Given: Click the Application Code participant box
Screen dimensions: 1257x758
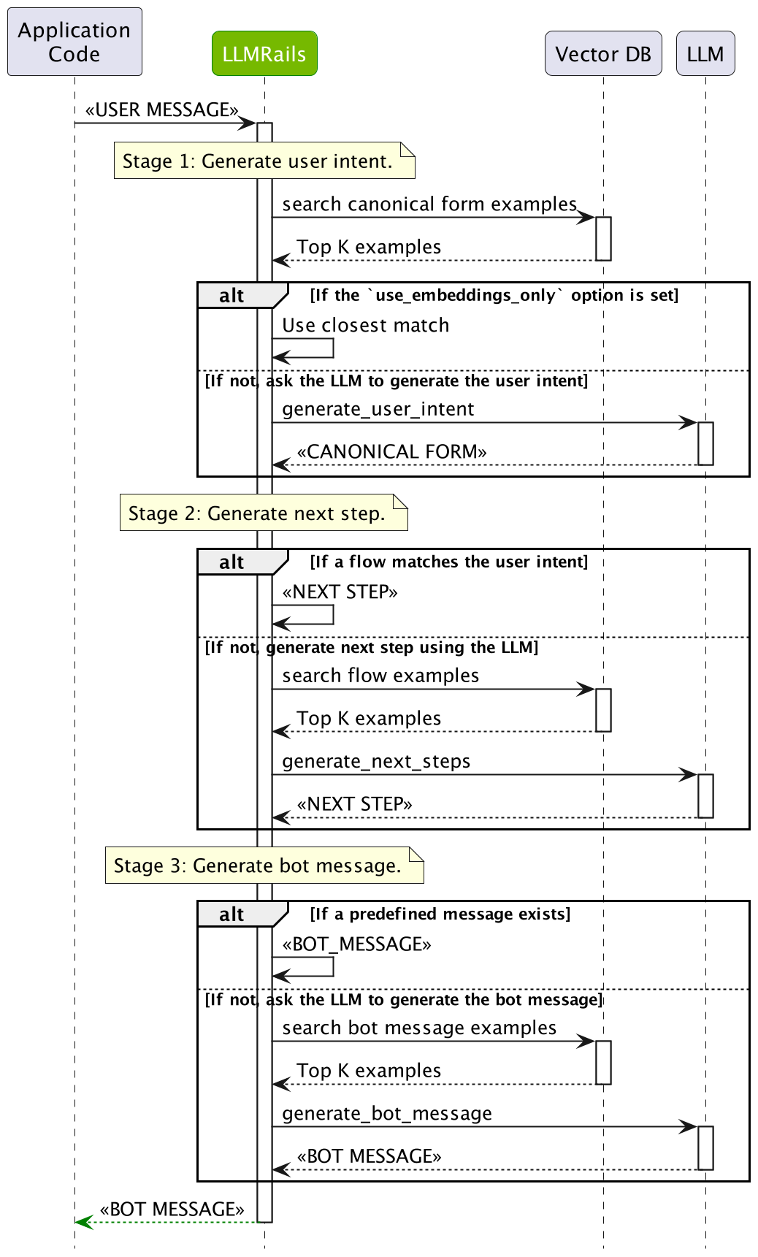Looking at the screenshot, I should click(x=74, y=42).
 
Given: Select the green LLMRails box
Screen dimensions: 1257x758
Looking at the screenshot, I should click(x=264, y=53).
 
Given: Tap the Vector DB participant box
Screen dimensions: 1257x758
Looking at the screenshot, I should click(x=602, y=53).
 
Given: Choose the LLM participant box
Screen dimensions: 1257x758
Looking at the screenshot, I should click(x=705, y=53).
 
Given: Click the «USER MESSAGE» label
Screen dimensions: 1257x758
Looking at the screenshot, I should click(x=161, y=110).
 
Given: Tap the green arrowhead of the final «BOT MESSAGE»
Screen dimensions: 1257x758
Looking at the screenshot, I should click(x=84, y=1222).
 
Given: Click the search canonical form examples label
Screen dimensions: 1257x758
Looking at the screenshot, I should click(x=429, y=204).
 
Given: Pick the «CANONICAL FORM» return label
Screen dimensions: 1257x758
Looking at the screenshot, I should click(x=391, y=451).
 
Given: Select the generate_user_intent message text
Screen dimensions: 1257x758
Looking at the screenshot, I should click(x=378, y=409).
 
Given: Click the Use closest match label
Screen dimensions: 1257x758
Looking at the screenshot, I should click(x=365, y=325).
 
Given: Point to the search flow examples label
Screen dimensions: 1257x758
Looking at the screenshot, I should click(x=380, y=676).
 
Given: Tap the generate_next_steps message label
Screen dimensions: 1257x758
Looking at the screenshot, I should click(x=376, y=761).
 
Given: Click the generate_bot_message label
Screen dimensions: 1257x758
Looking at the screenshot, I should click(x=387, y=1113).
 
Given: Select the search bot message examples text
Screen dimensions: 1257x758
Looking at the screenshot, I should click(x=419, y=1028).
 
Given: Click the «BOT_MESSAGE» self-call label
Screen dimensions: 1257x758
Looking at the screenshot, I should click(x=356, y=944).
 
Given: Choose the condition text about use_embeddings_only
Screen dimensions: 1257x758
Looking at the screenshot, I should click(x=494, y=295).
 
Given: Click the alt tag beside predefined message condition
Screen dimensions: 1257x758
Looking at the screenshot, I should click(x=232, y=914).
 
